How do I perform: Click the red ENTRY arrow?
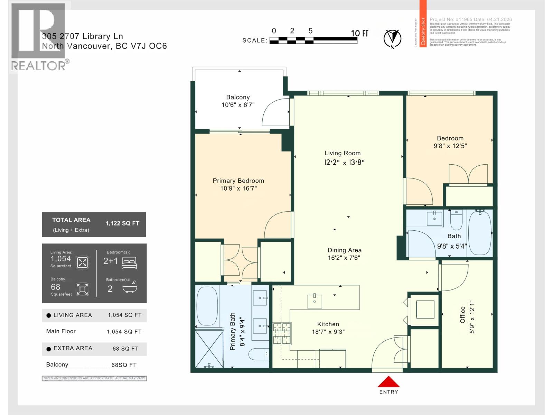388,382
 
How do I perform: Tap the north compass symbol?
392,38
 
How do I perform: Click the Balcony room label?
238,97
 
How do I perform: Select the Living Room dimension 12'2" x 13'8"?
344,162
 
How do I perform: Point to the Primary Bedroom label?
238,181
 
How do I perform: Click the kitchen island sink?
315,301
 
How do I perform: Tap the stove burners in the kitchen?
282,333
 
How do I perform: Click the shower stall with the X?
209,349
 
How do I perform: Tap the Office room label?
462,315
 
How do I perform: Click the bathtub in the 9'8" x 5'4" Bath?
479,232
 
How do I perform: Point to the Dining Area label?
345,250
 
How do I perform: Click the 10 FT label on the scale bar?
359,33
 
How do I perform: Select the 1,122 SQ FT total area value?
122,223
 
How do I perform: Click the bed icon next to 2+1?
129,262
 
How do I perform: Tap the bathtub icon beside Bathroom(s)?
130,287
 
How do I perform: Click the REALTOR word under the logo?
38,66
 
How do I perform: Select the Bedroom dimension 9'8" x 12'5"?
450,146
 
